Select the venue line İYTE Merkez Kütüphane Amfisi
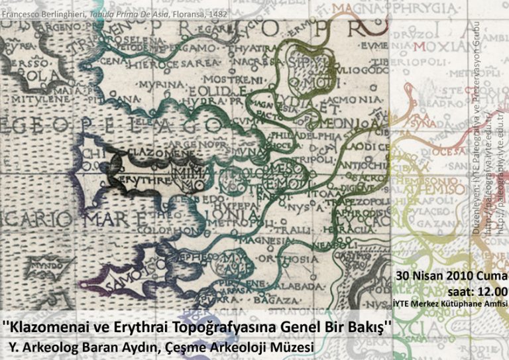click(x=450, y=304)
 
